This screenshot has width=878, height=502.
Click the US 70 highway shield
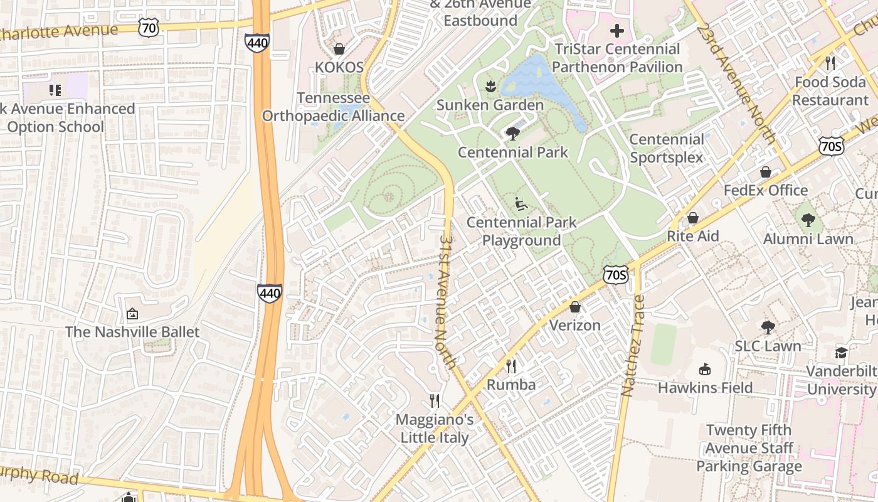click(149, 26)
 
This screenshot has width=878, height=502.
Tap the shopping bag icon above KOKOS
click(339, 48)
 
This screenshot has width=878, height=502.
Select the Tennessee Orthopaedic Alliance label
click(333, 107)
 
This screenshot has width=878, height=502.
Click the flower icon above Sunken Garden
click(490, 86)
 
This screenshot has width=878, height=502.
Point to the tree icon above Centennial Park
click(512, 133)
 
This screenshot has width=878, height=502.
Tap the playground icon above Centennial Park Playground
click(521, 203)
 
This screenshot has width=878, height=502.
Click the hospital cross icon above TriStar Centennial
click(617, 30)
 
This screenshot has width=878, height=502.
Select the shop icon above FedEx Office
click(766, 171)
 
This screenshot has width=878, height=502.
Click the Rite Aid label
click(692, 237)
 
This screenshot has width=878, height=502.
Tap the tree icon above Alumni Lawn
click(808, 220)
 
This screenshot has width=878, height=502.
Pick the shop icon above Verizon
click(575, 307)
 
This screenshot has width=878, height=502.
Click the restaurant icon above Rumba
click(511, 366)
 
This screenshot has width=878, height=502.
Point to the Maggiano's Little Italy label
click(435, 429)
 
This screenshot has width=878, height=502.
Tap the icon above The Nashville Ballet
click(132, 313)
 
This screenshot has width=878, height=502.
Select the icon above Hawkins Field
click(705, 369)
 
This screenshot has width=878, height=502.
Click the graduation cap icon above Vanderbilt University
click(840, 353)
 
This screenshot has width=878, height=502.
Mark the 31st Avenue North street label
click(447, 301)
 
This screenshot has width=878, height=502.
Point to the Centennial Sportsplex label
click(667, 148)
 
